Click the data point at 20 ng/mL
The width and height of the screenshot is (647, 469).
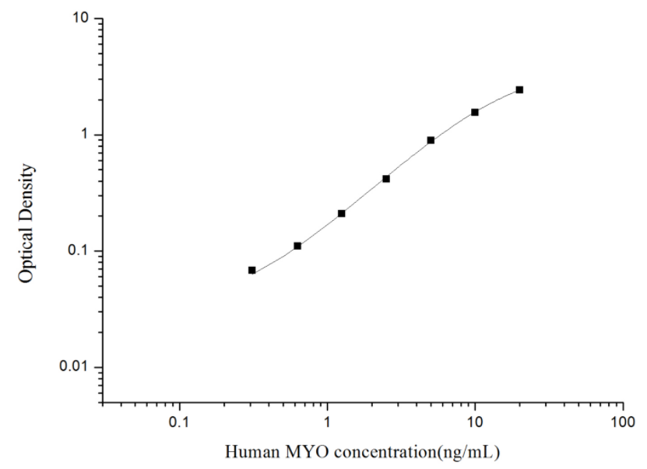(519, 89)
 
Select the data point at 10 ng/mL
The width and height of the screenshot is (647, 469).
(475, 112)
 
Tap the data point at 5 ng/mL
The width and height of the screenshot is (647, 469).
(431, 140)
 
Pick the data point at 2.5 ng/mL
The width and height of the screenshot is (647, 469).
(386, 178)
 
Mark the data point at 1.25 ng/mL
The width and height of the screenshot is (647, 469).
(342, 213)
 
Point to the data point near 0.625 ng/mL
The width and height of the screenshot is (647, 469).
(297, 246)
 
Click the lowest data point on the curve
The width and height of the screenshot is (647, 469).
(252, 270)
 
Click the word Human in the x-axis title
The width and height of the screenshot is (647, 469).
(248, 452)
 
